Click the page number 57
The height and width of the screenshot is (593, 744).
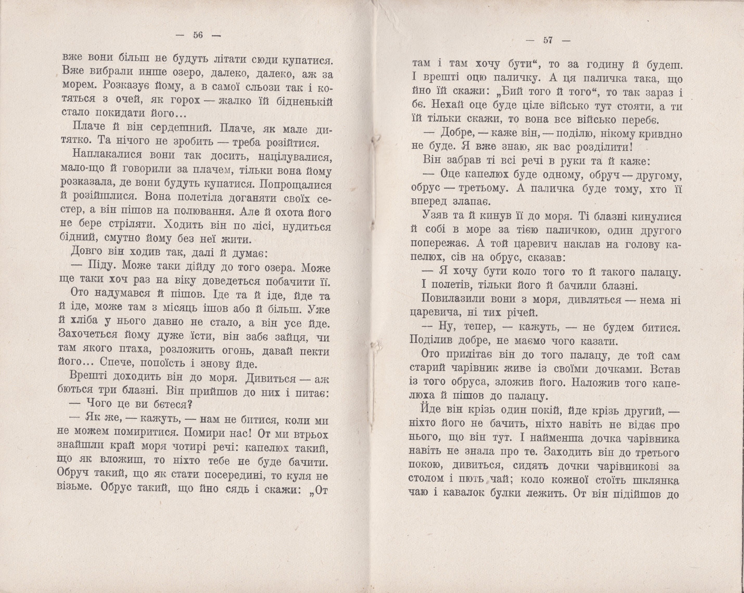click(x=548, y=40)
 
